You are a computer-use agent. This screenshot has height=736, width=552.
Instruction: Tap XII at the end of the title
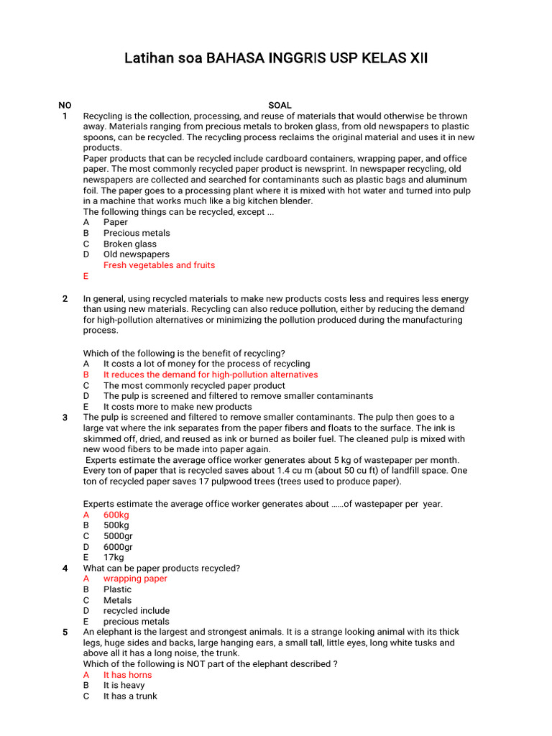(x=417, y=58)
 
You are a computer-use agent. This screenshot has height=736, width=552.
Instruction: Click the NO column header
(x=65, y=105)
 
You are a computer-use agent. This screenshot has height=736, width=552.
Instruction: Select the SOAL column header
(x=280, y=105)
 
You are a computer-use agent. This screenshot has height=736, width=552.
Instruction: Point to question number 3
(x=65, y=418)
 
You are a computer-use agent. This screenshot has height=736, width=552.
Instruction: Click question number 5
(x=65, y=632)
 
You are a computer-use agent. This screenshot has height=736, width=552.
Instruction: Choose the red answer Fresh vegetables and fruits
(x=159, y=265)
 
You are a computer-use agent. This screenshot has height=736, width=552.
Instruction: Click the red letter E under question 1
(x=86, y=276)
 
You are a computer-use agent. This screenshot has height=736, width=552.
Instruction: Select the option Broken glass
(x=130, y=244)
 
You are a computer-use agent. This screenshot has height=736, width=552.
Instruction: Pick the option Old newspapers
(x=137, y=254)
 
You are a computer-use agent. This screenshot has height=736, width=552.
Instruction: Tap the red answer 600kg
(x=116, y=515)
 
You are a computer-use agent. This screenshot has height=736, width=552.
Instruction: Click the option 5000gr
(x=118, y=536)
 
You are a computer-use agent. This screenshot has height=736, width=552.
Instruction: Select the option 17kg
(x=114, y=557)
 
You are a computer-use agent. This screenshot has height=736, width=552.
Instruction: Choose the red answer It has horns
(x=127, y=675)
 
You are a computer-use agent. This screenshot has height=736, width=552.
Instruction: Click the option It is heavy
(x=124, y=686)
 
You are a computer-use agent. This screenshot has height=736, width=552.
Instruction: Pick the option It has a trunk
(x=130, y=696)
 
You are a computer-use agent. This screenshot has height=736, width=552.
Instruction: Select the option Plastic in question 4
(x=117, y=589)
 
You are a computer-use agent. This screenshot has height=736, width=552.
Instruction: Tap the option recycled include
(x=137, y=611)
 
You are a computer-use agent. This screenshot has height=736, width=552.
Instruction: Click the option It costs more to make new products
(x=178, y=407)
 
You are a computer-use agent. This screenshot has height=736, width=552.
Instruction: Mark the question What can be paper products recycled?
(x=162, y=568)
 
